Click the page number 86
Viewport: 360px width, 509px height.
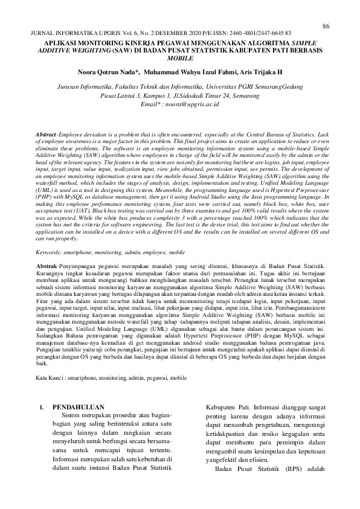[x=326, y=26]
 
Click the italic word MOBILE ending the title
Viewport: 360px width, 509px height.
[x=180, y=59]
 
